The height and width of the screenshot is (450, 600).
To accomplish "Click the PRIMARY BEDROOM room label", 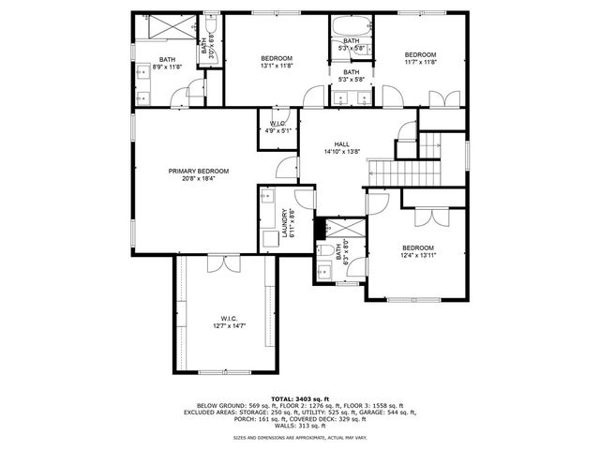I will (x=199, y=171).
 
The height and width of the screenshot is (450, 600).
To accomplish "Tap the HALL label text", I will (x=342, y=144).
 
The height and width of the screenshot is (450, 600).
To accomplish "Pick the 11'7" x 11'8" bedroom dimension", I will (x=421, y=63).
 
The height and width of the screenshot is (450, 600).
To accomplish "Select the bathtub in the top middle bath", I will (x=351, y=25).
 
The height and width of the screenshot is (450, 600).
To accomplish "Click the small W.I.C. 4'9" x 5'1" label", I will (x=277, y=131).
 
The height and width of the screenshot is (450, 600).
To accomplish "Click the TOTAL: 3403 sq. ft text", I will (x=300, y=397).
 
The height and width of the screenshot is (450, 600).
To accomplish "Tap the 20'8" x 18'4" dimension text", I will (x=199, y=178).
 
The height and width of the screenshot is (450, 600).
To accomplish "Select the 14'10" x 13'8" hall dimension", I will (x=342, y=152).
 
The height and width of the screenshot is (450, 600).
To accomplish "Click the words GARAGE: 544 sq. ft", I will (x=391, y=412).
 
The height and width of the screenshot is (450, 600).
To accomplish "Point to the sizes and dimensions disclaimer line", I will (x=300, y=437).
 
